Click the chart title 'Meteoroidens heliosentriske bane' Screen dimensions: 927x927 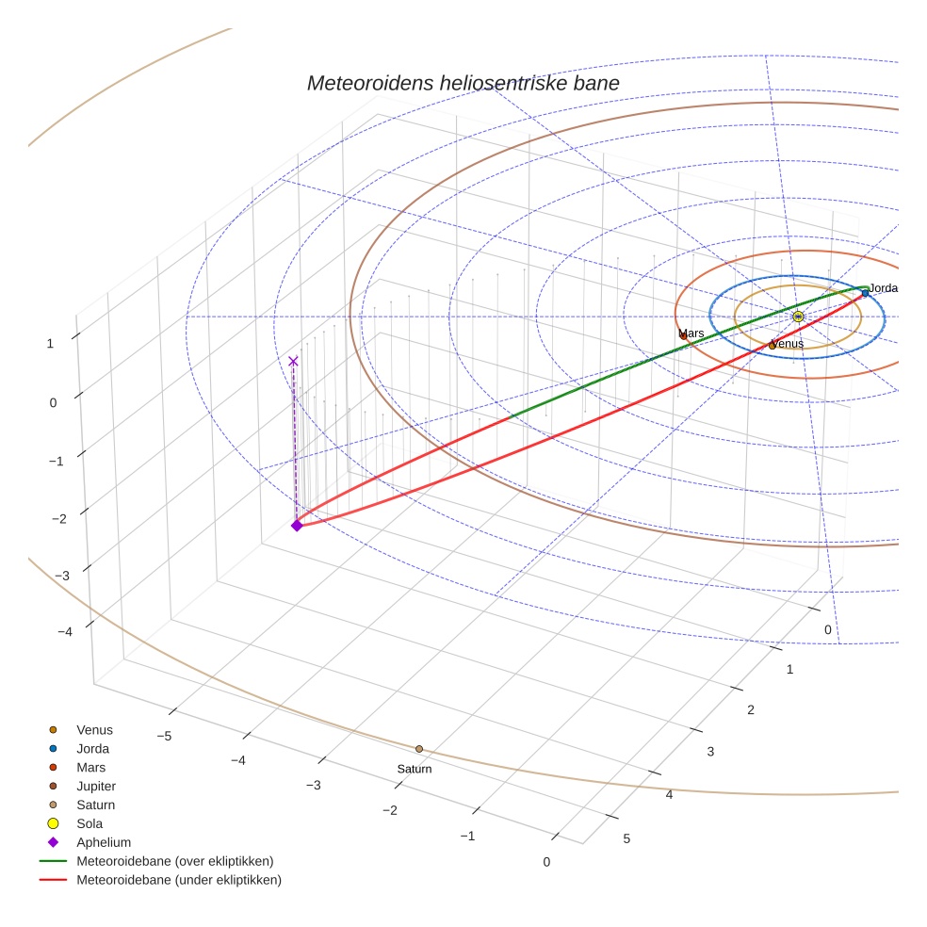[463, 83]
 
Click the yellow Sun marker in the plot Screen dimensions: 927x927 [798, 317]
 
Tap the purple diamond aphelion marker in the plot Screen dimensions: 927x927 [297, 526]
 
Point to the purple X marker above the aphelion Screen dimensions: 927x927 [293, 361]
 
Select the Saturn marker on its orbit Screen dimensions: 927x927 [419, 749]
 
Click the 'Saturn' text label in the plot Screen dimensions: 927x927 [415, 769]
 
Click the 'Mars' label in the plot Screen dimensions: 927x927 [691, 333]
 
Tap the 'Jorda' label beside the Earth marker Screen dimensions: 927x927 [884, 288]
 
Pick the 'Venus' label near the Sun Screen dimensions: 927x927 [788, 344]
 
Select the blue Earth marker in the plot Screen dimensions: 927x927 [865, 294]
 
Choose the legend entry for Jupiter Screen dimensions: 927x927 [96, 786]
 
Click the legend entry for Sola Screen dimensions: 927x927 [90, 823]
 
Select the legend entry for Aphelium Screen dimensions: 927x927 [104, 842]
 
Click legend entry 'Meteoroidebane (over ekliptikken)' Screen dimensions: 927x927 [174, 861]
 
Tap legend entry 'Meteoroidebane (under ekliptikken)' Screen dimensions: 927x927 [178, 880]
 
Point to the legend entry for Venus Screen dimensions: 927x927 [94, 729]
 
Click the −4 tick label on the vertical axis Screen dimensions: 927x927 [65, 631]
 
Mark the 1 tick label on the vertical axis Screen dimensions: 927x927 [50, 344]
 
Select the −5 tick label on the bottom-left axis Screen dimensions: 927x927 [163, 735]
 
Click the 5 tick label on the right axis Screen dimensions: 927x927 [626, 838]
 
